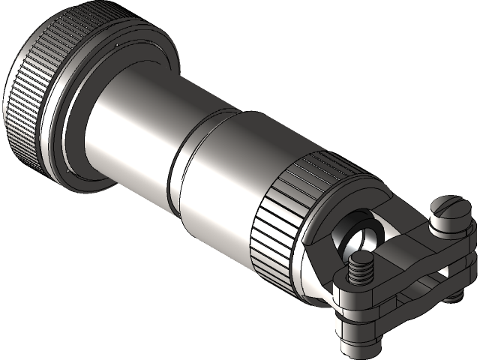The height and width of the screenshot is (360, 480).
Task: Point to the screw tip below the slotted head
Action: click(x=454, y=297)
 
